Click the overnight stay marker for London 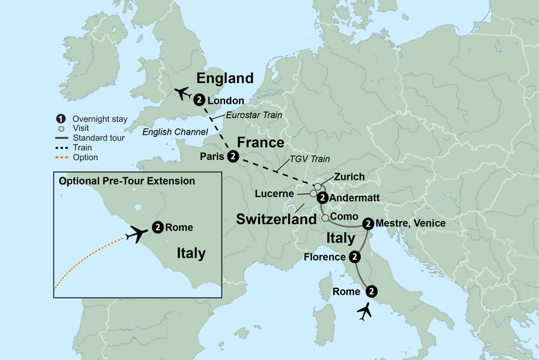coord(199,100)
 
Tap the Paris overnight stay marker coord(232,156)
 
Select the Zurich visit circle coord(318,186)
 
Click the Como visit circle coord(325,218)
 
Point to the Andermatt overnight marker coord(322,197)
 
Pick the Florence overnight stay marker coord(354,257)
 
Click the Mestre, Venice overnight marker coord(368,223)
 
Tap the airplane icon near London coord(183,93)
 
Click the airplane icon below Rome coord(365,311)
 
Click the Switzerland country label coord(276,219)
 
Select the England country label coord(225,78)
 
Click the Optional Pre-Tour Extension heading coord(127,181)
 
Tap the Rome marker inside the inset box coord(158,227)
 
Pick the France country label coord(261,142)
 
